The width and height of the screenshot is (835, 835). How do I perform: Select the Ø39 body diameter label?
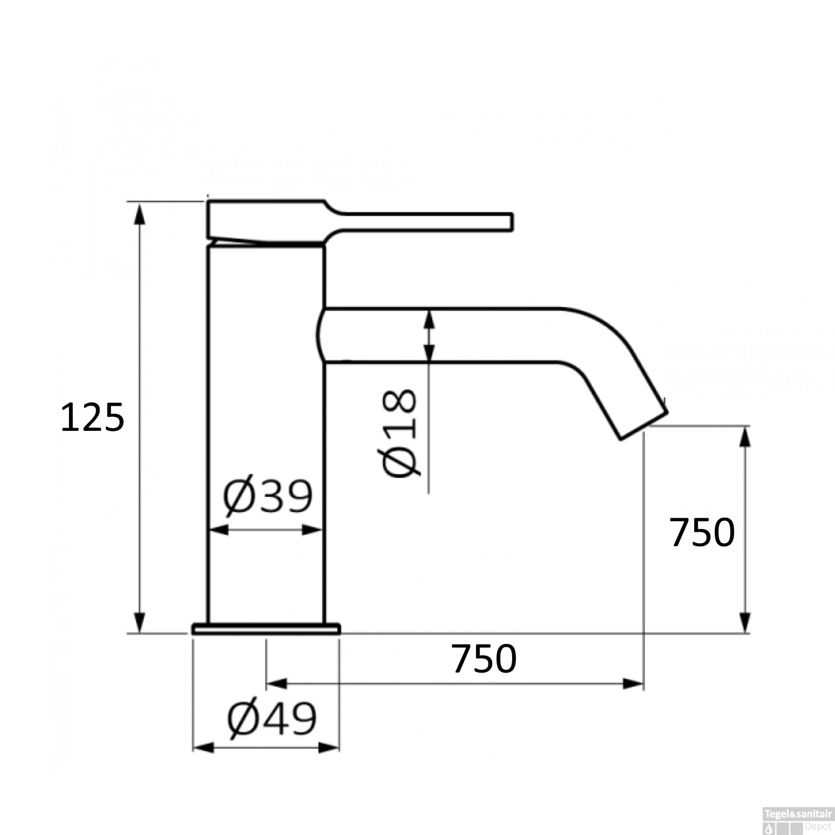(x=268, y=497)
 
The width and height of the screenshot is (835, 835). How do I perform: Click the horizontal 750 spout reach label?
(x=484, y=659)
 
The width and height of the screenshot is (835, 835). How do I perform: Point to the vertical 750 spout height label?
(x=702, y=533)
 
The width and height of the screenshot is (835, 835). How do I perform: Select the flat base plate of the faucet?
(x=266, y=628)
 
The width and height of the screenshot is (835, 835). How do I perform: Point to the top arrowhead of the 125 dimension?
(x=140, y=212)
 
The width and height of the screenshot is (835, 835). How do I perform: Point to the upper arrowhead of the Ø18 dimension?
(x=429, y=320)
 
